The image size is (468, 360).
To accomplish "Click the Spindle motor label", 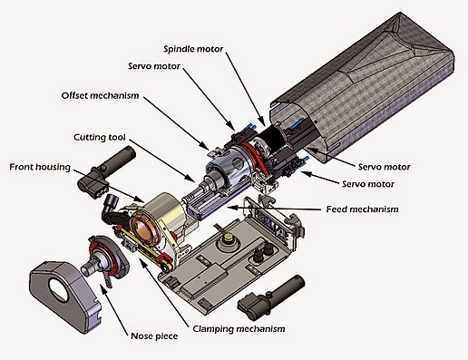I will pos(193,48).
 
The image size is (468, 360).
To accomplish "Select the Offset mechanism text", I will pos(100,94).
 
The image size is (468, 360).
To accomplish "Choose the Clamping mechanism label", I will pos(239,328).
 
